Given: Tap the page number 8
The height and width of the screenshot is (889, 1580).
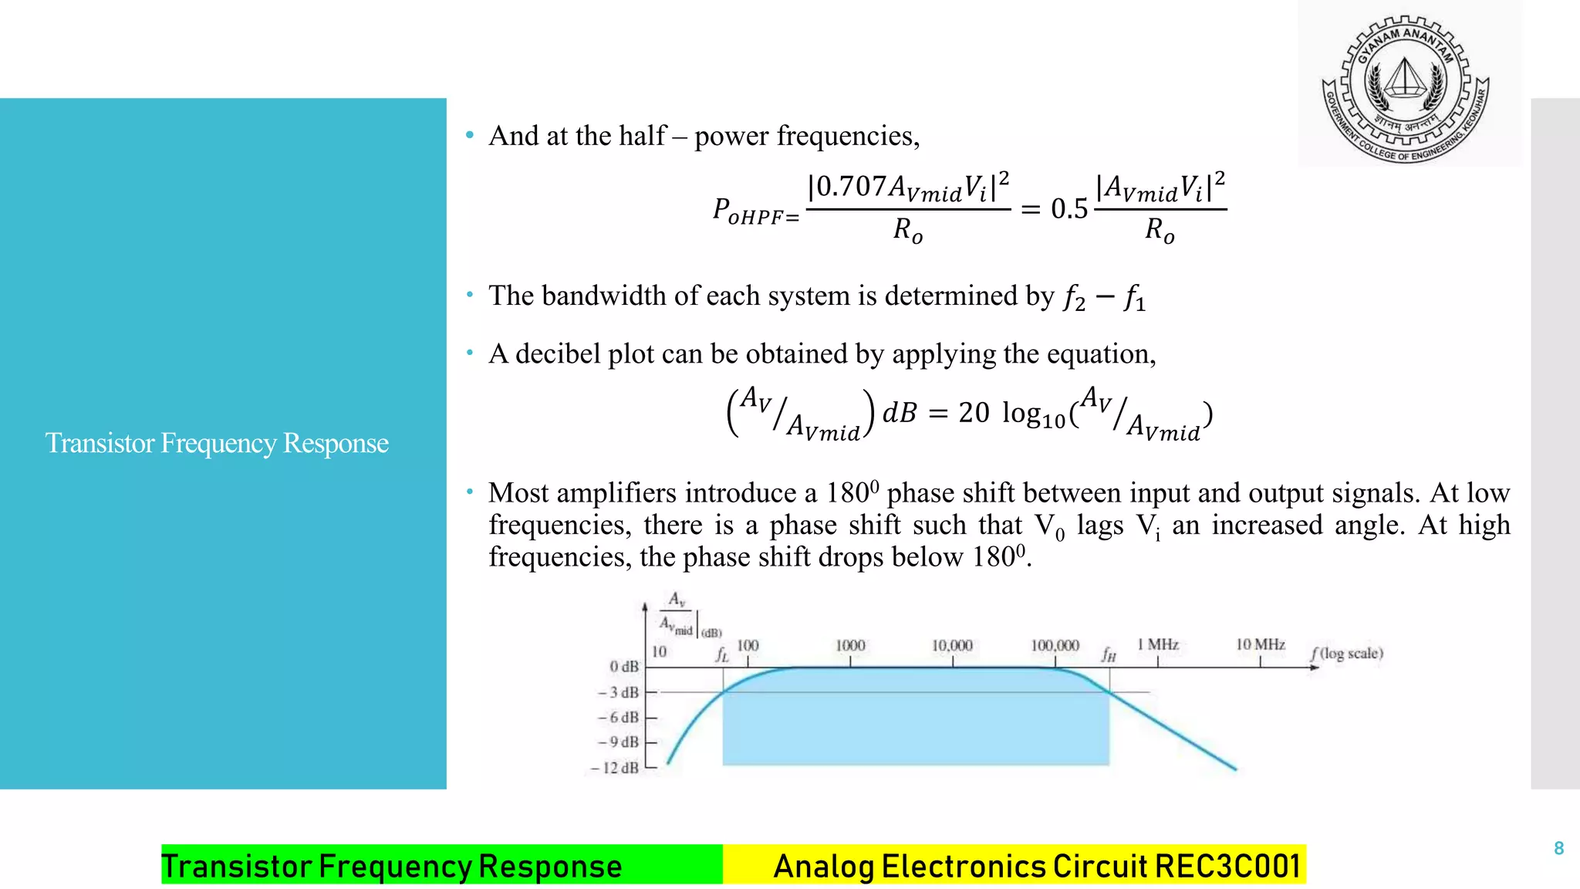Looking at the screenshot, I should point(1558,848).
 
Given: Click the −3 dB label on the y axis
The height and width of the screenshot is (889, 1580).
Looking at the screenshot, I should point(618,692).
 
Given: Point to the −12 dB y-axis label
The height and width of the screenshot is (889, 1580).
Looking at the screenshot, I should point(615,768).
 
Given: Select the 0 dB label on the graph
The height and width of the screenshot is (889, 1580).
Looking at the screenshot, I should point(623,666).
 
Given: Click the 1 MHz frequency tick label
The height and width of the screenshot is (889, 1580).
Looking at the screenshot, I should point(1157,644).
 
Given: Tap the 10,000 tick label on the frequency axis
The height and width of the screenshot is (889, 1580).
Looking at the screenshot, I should point(951,645).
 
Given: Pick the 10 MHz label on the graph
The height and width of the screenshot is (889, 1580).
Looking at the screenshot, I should point(1260,644).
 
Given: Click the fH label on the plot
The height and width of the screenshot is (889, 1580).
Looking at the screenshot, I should point(1109,654).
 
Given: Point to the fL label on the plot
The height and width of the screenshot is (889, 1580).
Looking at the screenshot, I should point(721,654).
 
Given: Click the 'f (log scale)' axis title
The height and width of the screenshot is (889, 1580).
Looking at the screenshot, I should point(1347,654).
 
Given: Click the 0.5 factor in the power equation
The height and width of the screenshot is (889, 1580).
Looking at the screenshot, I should point(1069,208).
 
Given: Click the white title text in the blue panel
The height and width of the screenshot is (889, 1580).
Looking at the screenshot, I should point(217,443).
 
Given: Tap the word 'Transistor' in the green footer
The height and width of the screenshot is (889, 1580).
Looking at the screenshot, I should point(236,866).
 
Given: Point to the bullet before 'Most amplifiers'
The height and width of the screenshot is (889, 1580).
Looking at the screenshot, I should point(469,492).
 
